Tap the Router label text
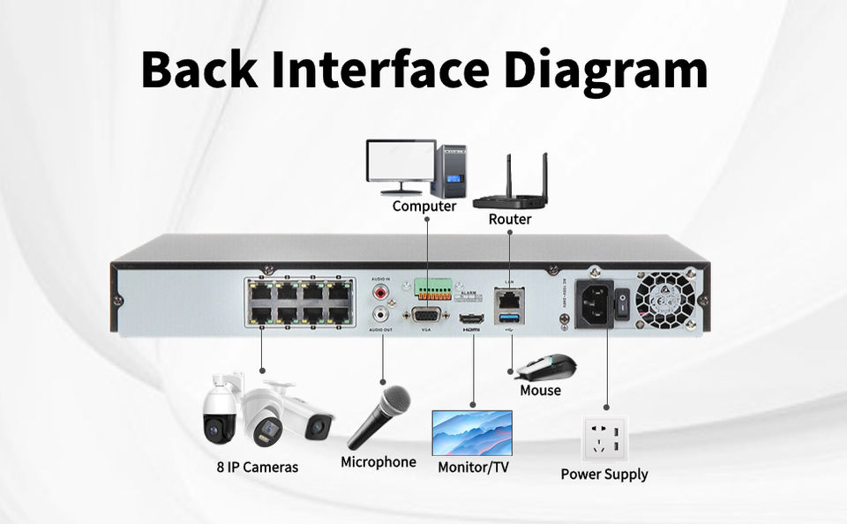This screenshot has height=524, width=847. pyautogui.click(x=510, y=219)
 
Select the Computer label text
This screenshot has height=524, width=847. pyautogui.click(x=424, y=206)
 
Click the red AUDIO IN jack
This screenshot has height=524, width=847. pyautogui.click(x=382, y=290)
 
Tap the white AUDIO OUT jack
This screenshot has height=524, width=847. pyautogui.click(x=382, y=313)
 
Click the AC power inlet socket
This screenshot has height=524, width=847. pyautogui.click(x=595, y=303)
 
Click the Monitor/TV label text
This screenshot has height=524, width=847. pyautogui.click(x=473, y=467)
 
